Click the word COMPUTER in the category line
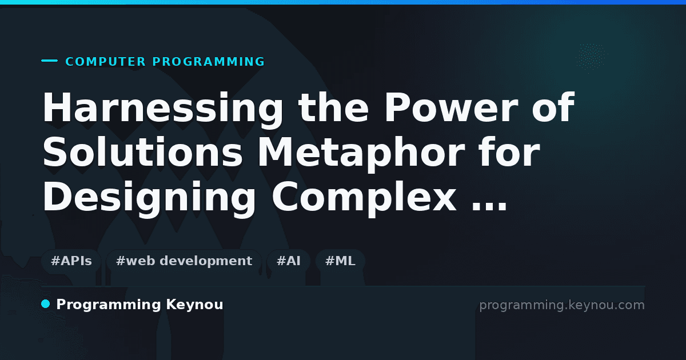pos(105,62)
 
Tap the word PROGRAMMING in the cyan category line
pos(208,62)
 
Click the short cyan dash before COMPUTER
pos(49,61)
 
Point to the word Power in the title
pos(451,107)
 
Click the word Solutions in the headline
pos(142,151)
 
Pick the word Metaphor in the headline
pos(362,154)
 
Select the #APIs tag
pos(71,261)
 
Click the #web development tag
pos(184,261)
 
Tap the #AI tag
pos(289,261)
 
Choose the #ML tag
pos(340,261)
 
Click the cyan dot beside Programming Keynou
pos(45,304)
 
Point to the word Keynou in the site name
pos(194,305)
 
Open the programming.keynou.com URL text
pos(562,305)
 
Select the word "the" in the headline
pos(333,107)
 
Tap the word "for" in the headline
pos(509,151)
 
